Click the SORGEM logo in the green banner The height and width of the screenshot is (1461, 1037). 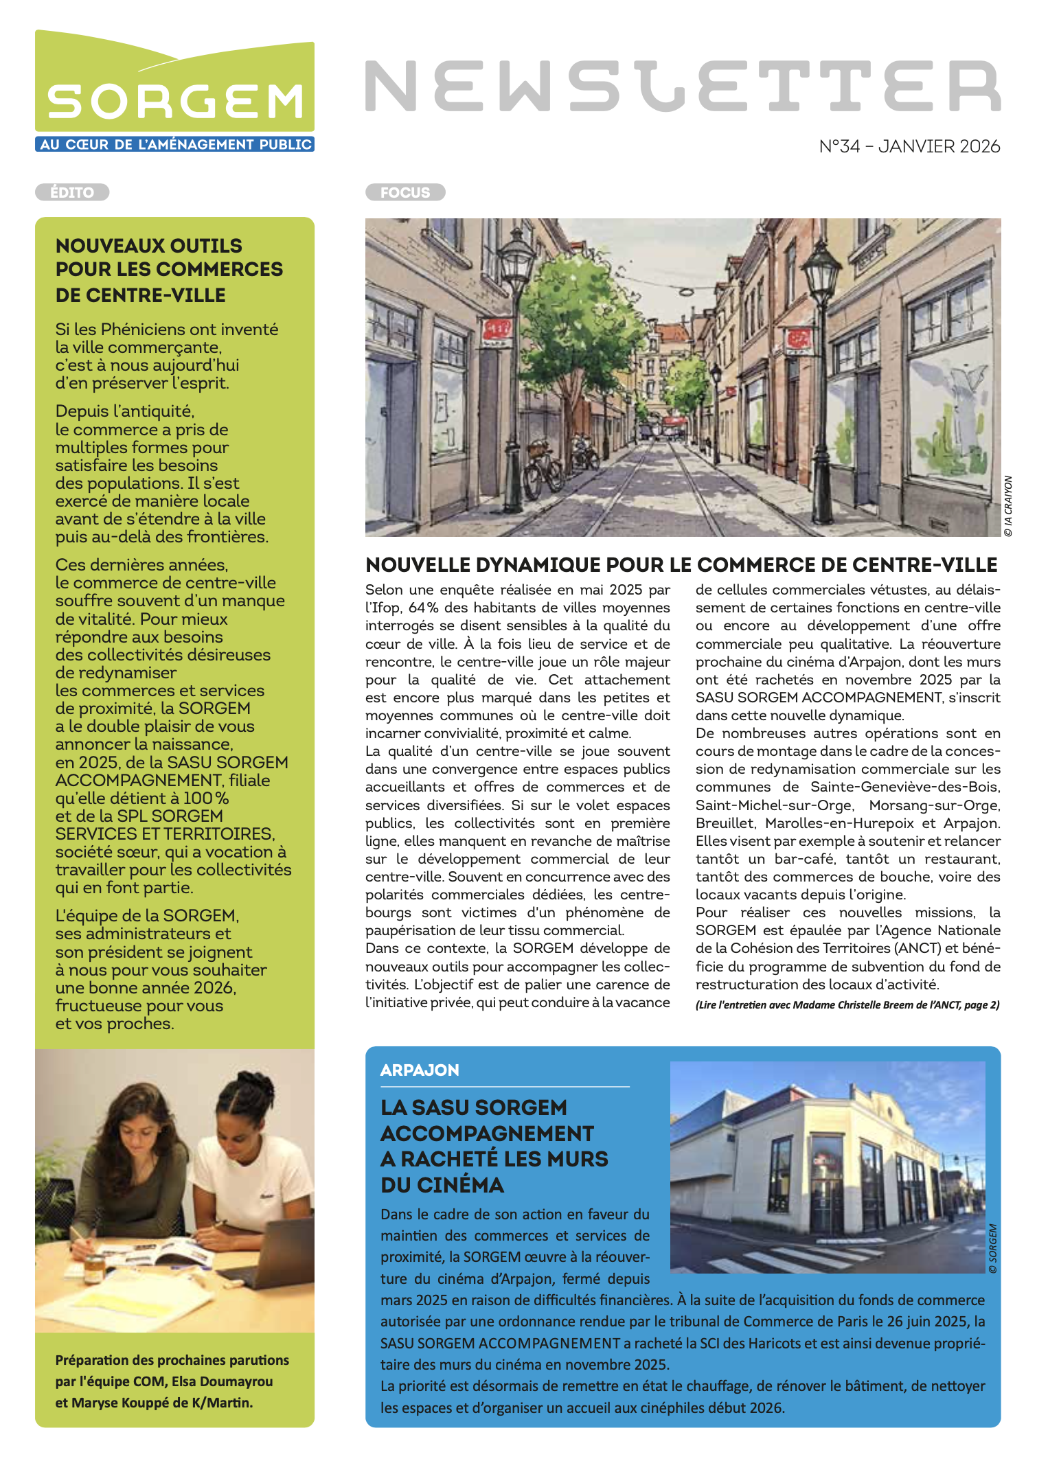coord(174,102)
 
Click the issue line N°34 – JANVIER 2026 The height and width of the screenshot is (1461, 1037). coord(909,146)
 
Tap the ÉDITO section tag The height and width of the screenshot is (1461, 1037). coord(72,192)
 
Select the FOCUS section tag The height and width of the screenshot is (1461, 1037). coord(405,192)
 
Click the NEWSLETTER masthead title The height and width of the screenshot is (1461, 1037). coord(682,86)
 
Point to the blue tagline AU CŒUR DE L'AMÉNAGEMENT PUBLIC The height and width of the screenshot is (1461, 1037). coord(175,144)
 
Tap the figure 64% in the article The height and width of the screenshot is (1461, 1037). coord(423,608)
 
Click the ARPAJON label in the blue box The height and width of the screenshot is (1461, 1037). coord(420,1070)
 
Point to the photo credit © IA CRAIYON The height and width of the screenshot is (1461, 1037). coord(1008,506)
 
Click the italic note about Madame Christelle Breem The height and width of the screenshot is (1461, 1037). coord(847,1005)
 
